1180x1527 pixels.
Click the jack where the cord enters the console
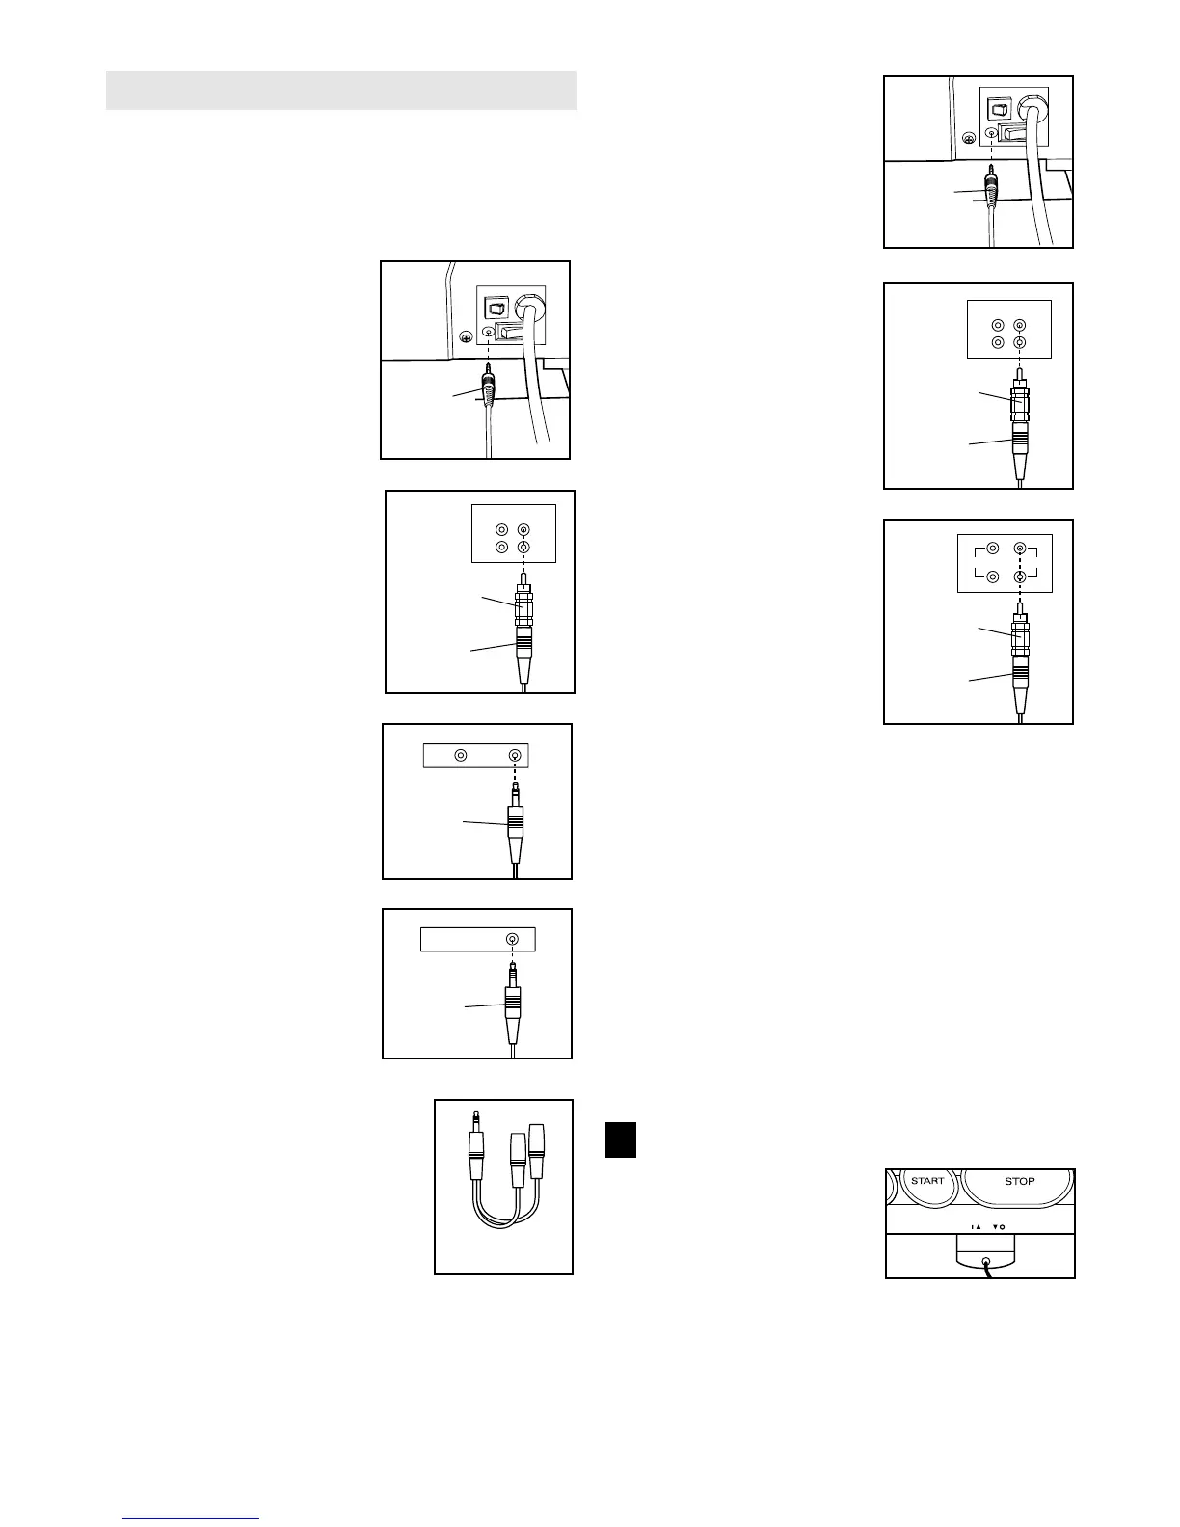[984, 1262]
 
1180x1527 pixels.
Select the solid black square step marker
[621, 1139]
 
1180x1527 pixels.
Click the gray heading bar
[340, 90]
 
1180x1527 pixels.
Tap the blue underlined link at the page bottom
[192, 1518]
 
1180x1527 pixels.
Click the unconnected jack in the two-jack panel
[461, 756]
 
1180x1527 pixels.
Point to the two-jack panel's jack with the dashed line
[516, 756]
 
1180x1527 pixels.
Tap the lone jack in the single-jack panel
[513, 940]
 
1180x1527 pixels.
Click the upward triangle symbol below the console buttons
[978, 1227]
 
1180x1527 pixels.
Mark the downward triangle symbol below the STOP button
[994, 1227]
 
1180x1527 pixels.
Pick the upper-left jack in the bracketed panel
[992, 549]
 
